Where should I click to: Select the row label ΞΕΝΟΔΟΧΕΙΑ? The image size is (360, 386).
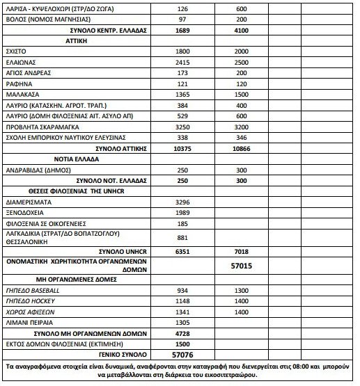pyautogui.click(x=25, y=212)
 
